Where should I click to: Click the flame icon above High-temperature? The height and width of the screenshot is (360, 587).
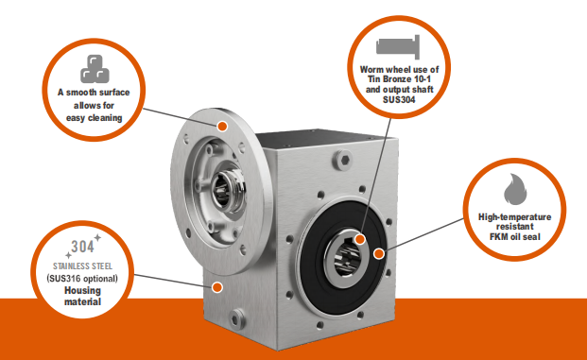coord(515,189)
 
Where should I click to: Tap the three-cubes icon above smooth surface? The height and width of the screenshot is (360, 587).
coord(95,69)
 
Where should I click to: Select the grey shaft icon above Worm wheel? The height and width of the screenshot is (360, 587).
coord(398,47)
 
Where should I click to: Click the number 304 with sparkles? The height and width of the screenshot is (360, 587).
coord(83,247)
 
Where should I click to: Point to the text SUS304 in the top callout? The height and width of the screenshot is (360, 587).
coord(399,99)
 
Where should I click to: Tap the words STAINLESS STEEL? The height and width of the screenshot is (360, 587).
coord(83,266)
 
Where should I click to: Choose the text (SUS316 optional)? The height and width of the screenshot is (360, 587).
coord(82,279)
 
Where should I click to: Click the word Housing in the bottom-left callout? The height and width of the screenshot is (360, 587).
coord(83,291)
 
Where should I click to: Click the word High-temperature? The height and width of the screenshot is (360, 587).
coord(515,217)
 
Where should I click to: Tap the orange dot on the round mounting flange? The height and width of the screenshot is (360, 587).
coord(222,126)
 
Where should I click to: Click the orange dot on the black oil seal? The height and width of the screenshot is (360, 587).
coord(379,254)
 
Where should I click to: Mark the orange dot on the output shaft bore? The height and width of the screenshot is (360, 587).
coord(360,239)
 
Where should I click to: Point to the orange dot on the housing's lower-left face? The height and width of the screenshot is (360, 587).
coord(217,287)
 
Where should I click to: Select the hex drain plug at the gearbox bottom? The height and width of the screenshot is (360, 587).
coord(236,318)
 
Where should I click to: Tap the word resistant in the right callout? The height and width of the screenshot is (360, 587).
coord(515,227)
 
